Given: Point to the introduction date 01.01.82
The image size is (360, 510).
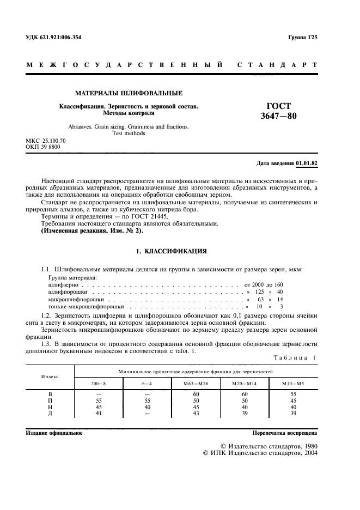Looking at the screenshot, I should pyautogui.click(x=307, y=163).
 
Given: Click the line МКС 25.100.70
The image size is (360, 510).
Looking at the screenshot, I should pyautogui.click(x=46, y=141).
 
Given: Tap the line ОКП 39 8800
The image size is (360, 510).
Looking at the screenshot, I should pyautogui.click(x=44, y=147).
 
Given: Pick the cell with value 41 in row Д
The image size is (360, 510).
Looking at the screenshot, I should pyautogui.click(x=99, y=414).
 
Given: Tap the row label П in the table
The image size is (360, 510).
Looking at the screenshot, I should pyautogui.click(x=50, y=400).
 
